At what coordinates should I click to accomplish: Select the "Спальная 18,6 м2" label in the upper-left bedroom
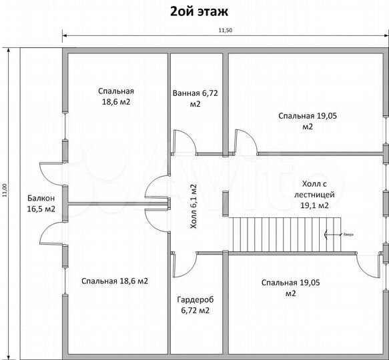click(x=115, y=97)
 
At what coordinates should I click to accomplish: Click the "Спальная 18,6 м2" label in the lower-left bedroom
click(x=115, y=281)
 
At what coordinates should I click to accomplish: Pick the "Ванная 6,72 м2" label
click(x=195, y=99)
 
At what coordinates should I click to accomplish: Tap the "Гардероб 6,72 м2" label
click(x=194, y=305)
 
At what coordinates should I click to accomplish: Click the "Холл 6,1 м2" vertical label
click(x=194, y=206)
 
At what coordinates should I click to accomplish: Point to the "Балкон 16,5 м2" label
click(x=41, y=203)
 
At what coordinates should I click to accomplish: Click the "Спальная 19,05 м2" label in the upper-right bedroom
click(x=307, y=121)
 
